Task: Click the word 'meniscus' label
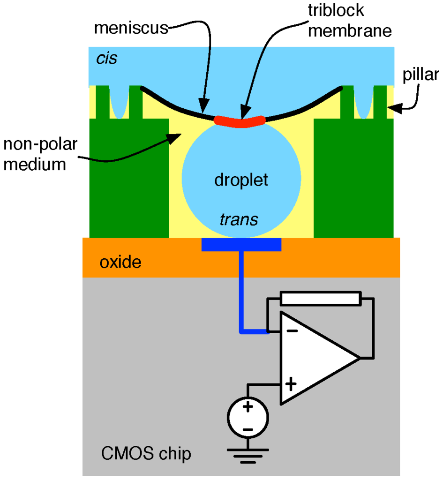tap(131, 28)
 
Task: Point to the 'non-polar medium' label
tap(35, 154)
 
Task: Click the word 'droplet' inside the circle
tap(241, 180)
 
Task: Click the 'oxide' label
tap(120, 262)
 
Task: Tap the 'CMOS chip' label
tap(146, 454)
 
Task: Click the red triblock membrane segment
tap(240, 122)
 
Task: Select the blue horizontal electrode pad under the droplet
tap(241, 244)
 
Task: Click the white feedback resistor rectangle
tap(321, 299)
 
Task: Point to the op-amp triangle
tap(314, 359)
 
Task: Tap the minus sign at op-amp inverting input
tap(292, 331)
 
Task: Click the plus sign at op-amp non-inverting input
tap(291, 385)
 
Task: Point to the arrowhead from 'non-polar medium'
tap(177, 136)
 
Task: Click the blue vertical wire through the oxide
tap(241, 281)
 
